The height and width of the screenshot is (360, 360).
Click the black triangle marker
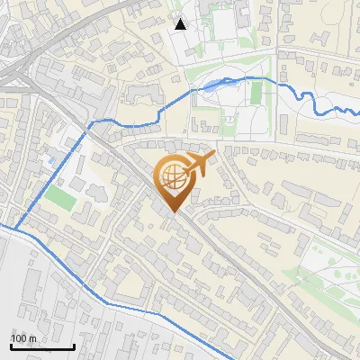(x=181, y=24)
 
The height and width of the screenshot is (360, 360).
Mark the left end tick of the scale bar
(x=11, y=346)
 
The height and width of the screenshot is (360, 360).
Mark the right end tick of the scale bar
(x=74, y=346)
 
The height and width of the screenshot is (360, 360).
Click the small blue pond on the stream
(x=211, y=86)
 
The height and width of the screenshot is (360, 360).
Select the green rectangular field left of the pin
(x=60, y=197)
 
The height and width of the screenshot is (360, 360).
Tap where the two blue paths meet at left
(x=13, y=228)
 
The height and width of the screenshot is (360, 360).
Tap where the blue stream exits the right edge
(x=357, y=111)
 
